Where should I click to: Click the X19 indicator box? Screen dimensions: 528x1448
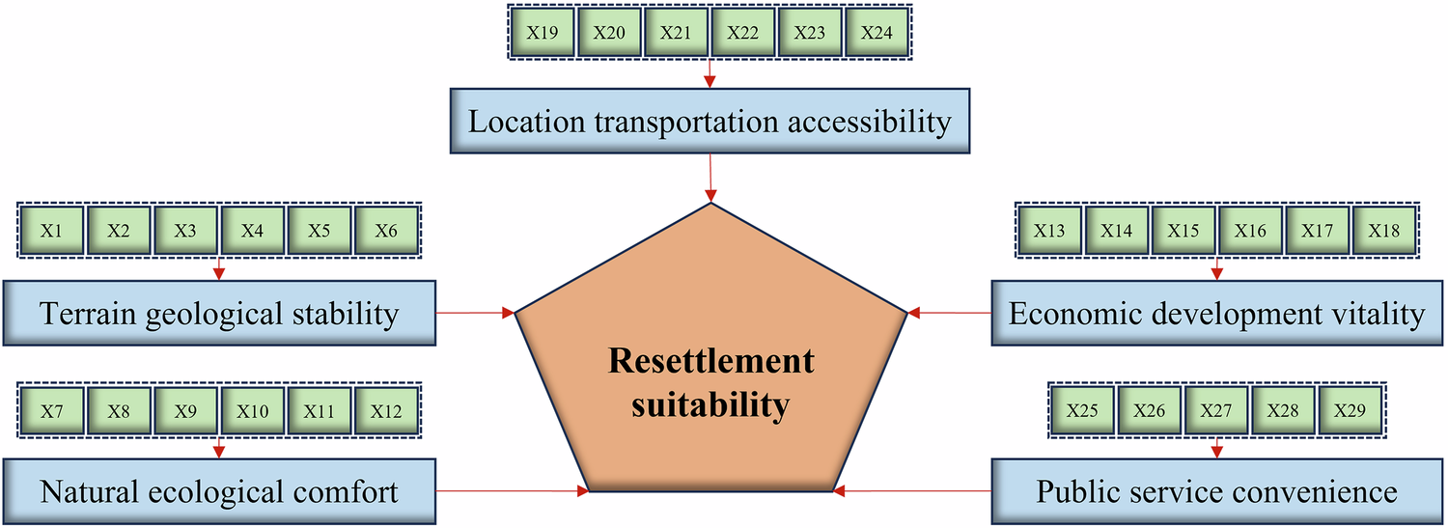(x=542, y=32)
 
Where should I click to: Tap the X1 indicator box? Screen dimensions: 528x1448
(x=52, y=231)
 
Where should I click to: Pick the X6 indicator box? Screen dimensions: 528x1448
(x=387, y=231)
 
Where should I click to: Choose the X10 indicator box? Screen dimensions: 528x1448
(x=253, y=411)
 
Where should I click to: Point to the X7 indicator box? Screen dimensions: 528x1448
(x=52, y=411)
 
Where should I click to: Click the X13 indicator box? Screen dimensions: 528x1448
(x=1049, y=231)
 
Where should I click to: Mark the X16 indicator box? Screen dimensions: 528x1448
(x=1251, y=231)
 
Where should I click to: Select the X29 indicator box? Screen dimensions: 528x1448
(x=1351, y=411)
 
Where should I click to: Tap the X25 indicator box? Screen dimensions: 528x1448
(x=1082, y=411)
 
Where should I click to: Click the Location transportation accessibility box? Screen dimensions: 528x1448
(x=710, y=123)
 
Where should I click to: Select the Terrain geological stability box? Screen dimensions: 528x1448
(x=219, y=314)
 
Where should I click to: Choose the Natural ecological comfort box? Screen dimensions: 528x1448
(x=219, y=492)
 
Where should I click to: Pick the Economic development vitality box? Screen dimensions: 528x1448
(x=1217, y=314)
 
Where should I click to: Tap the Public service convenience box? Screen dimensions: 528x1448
(x=1217, y=492)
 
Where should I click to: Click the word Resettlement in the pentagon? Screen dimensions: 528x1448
(x=710, y=362)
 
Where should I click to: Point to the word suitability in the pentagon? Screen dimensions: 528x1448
(x=710, y=404)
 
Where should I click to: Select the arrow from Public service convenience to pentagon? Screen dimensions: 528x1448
(x=912, y=491)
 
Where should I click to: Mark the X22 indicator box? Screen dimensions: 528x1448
(x=743, y=32)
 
